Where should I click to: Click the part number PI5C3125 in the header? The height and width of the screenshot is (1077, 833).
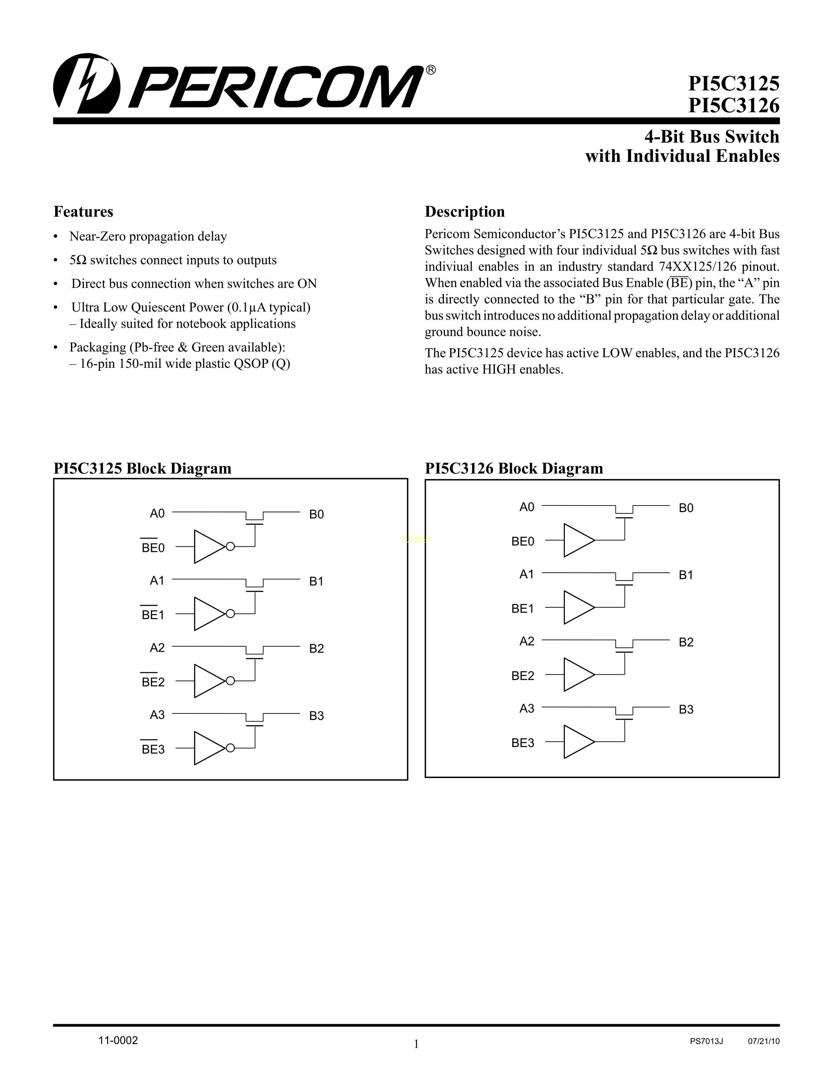click(733, 84)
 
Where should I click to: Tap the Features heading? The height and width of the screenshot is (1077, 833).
click(83, 211)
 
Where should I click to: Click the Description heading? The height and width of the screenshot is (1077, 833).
click(465, 211)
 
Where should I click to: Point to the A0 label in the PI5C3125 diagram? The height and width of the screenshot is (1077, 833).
click(157, 514)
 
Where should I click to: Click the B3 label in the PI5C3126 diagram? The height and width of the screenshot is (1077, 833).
click(686, 710)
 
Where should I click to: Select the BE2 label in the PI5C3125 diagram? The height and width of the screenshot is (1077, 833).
click(153, 682)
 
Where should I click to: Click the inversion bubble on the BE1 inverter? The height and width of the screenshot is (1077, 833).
click(230, 614)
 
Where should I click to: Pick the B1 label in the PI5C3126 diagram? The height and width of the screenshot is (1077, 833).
click(686, 575)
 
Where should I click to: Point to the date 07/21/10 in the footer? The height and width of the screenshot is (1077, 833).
click(763, 1041)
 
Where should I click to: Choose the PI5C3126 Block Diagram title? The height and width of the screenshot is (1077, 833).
click(514, 468)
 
